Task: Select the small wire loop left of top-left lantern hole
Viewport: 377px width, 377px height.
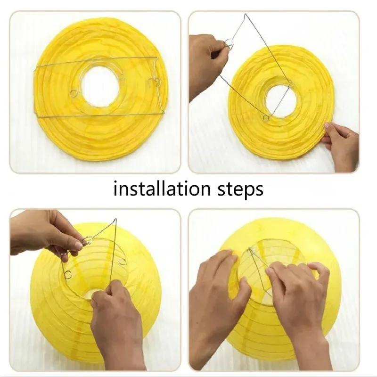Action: pyautogui.click(x=74, y=93)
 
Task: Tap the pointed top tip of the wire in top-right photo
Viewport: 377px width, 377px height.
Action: pyautogui.click(x=246, y=15)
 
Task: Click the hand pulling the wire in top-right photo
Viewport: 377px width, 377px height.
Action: pyautogui.click(x=207, y=61)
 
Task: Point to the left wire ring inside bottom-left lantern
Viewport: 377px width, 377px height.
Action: pyautogui.click(x=68, y=274)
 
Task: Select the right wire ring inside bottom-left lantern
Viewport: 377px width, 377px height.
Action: pyautogui.click(x=123, y=261)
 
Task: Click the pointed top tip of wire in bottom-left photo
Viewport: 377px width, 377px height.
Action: pyautogui.click(x=115, y=220)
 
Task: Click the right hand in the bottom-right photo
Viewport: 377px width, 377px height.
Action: pyautogui.click(x=297, y=302)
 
